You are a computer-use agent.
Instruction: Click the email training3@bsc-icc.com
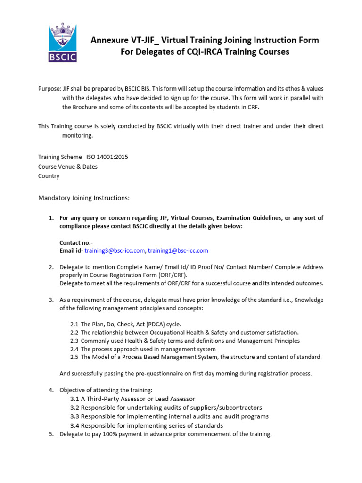pos(115,250)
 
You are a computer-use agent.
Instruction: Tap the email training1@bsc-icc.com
pos(178,250)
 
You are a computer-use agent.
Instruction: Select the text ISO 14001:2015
pos(107,157)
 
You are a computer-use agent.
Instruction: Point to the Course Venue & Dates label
pos(68,167)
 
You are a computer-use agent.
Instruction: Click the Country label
pos(49,176)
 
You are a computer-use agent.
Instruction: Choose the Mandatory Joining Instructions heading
pos(83,198)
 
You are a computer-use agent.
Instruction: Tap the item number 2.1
pos(74,324)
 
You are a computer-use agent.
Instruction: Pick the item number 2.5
pos(74,357)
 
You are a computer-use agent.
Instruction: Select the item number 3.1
pos(74,399)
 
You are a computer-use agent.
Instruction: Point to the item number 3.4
pos(74,425)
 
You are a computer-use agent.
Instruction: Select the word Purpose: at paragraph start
pos(49,89)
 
